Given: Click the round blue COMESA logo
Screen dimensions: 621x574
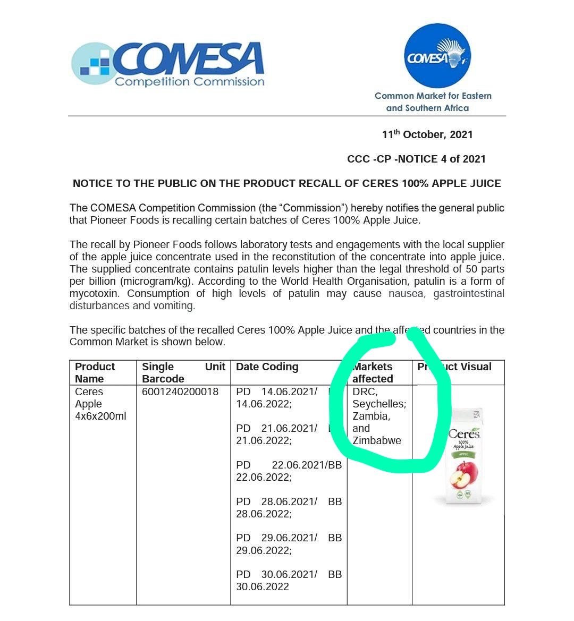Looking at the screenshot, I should (437, 56).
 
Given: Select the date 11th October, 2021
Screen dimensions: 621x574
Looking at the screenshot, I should (427, 134).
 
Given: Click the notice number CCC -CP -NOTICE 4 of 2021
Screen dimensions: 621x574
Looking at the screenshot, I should (416, 159).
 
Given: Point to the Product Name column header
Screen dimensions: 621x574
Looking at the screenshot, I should (95, 372).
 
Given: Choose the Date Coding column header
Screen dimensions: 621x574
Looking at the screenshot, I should (267, 367).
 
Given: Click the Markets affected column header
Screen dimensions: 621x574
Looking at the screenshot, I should (373, 372).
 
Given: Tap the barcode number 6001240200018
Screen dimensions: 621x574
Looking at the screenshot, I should (180, 392).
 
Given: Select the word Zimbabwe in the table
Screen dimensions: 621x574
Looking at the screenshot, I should (377, 440).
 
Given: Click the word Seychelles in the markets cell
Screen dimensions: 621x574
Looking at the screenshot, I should (378, 404).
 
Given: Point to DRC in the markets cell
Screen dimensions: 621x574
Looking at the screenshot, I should (364, 392).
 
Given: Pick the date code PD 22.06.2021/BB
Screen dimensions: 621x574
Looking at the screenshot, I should (289, 465).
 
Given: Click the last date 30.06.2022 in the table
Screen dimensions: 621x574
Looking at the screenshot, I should (263, 586).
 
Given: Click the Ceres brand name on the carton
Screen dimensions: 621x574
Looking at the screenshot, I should (464, 434).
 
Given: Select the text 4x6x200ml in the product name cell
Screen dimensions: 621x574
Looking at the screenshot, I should (100, 416).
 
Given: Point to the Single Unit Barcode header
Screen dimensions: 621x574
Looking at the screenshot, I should (183, 372).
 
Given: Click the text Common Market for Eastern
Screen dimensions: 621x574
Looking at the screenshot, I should (433, 96).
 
